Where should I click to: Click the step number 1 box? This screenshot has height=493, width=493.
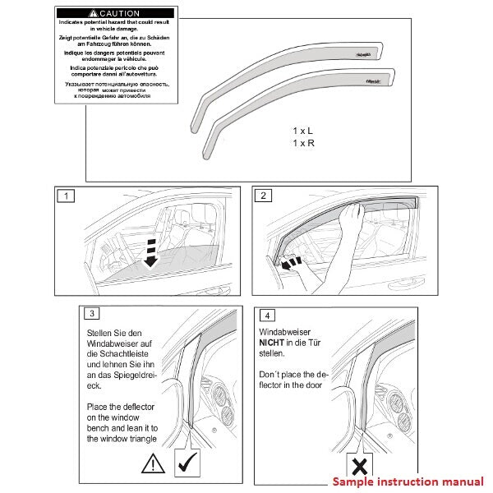66,196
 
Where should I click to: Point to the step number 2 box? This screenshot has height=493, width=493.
263,196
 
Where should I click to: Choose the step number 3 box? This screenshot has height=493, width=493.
93,314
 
